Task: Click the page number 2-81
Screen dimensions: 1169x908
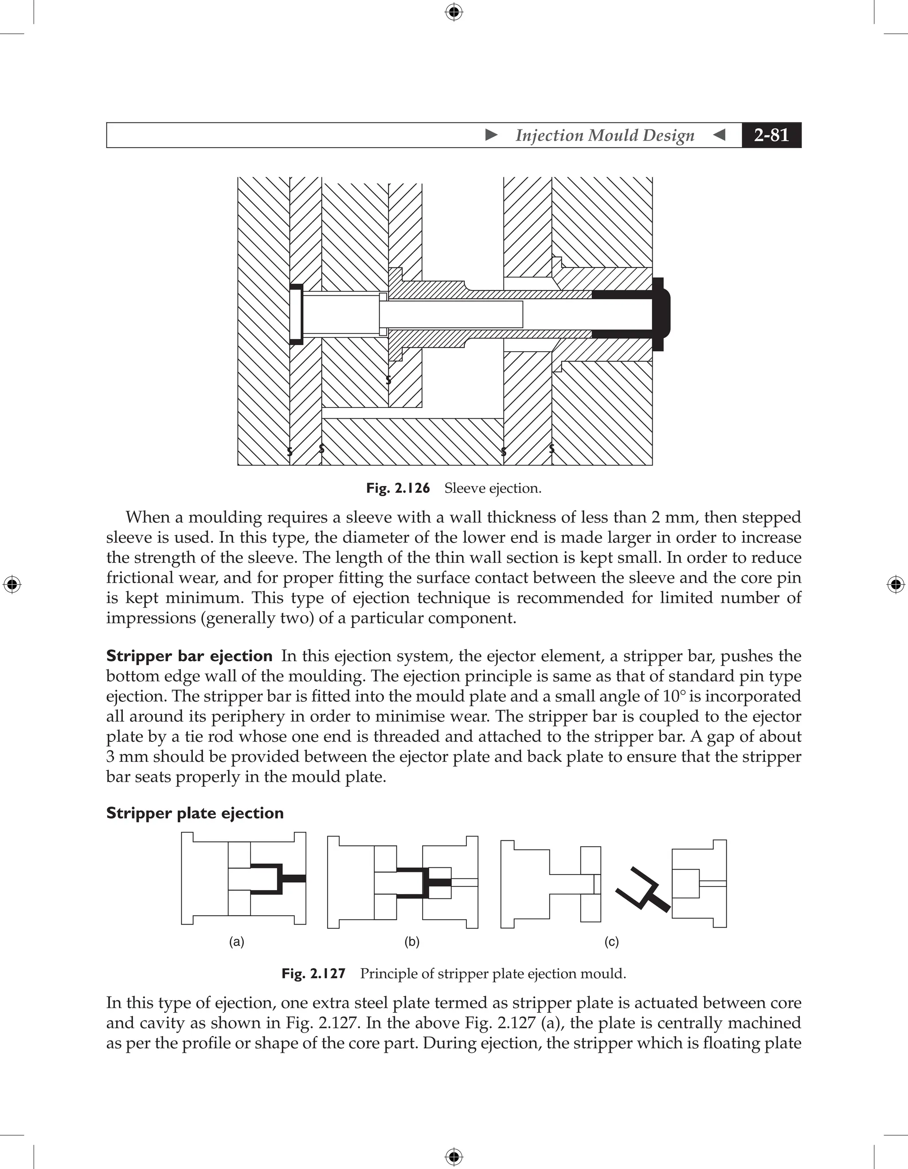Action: tap(771, 135)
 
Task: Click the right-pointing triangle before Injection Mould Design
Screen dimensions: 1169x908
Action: tap(491, 135)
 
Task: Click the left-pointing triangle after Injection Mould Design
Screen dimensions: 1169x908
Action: tap(720, 135)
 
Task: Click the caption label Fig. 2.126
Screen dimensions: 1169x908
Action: tap(398, 488)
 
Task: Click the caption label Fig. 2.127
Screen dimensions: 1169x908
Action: tap(313, 973)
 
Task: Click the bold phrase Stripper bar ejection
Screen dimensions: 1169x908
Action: tap(189, 656)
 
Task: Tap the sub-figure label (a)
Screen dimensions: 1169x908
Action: tap(236, 942)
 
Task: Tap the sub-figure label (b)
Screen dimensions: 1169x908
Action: tap(411, 942)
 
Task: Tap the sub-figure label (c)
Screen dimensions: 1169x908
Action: tap(611, 942)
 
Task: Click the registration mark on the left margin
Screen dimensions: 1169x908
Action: tap(12, 584)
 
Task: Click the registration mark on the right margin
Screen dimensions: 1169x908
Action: tap(896, 584)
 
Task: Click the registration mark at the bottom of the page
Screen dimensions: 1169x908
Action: tap(454, 1157)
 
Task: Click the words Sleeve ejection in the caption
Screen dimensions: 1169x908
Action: tap(493, 488)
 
